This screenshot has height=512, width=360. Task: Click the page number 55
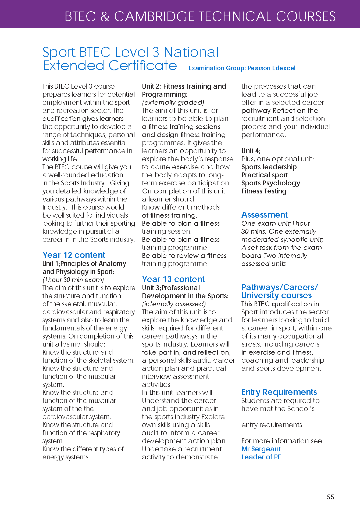(330, 497)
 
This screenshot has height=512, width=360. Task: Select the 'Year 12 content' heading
(74, 255)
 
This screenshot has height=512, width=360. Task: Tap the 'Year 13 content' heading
(173, 279)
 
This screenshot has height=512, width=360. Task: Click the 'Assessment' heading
(264, 215)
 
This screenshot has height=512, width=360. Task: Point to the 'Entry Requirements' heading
(279, 392)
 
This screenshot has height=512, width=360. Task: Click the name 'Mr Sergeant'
(261, 449)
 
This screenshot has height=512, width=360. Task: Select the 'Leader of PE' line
(261, 457)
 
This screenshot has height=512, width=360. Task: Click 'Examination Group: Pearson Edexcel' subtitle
(242, 68)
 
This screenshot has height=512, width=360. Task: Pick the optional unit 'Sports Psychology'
(270, 183)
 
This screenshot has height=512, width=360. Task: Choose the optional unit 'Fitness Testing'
(264, 191)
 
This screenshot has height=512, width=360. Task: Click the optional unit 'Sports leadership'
(269, 167)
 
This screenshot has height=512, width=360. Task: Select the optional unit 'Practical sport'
(265, 175)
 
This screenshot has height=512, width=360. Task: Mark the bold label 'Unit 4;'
(251, 151)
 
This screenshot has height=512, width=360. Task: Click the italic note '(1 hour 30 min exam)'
(73, 280)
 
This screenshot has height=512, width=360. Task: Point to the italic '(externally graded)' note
(173, 102)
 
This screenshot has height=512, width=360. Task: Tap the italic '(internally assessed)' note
(174, 304)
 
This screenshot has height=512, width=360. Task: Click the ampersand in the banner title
(105, 17)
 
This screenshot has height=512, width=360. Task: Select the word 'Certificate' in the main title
(143, 66)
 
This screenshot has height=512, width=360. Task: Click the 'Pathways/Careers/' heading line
(279, 287)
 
